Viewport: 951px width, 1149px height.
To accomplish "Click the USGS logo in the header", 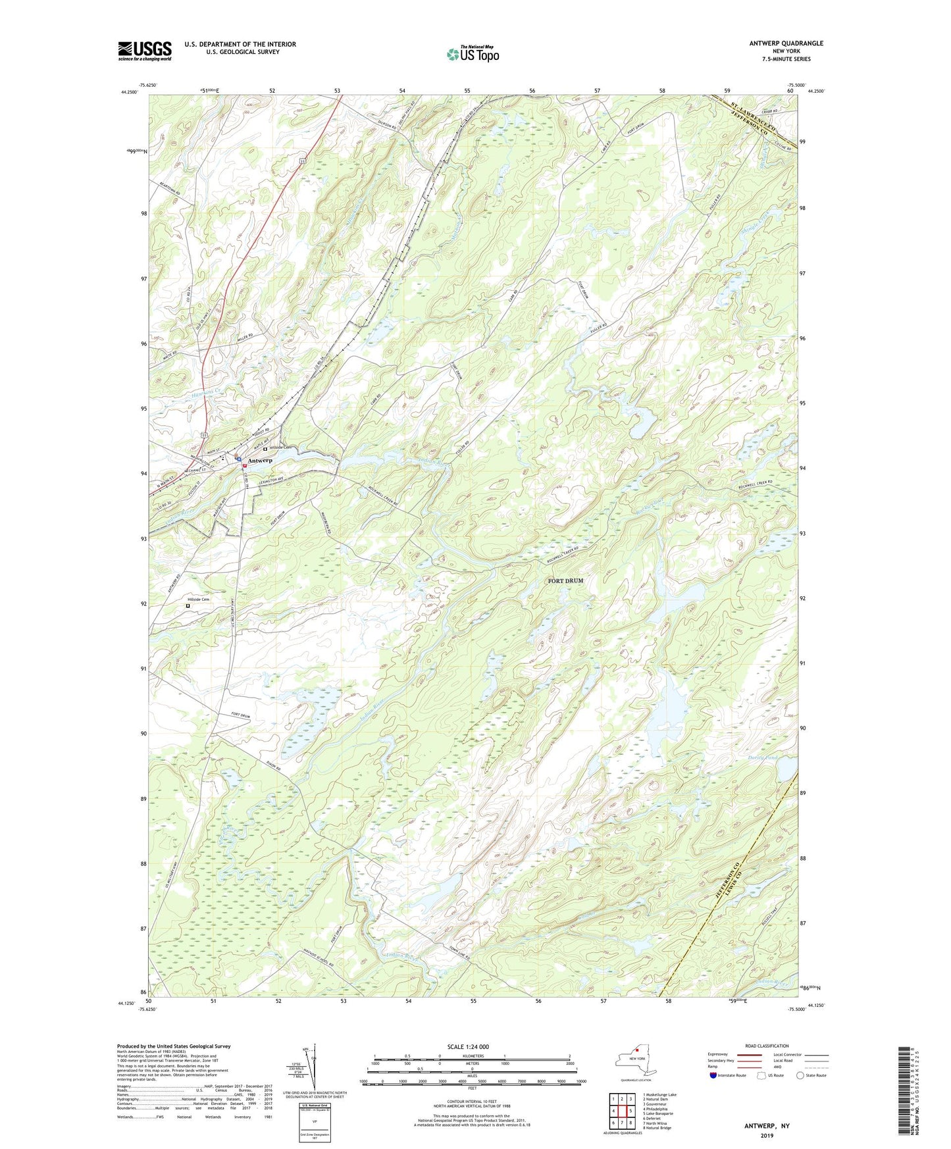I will [144, 51].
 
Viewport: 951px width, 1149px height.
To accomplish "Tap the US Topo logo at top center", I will [473, 53].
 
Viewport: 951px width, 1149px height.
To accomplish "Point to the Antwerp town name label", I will [260, 461].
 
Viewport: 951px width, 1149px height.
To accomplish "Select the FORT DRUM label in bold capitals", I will [565, 581].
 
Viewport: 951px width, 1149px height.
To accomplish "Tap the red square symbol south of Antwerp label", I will [244, 466].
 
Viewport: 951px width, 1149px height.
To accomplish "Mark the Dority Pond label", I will [762, 758].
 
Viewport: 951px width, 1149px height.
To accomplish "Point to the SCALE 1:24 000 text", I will [468, 1047].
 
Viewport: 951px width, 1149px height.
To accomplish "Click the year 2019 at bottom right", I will [767, 1135].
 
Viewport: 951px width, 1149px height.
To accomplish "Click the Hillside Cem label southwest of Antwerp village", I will [198, 600].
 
